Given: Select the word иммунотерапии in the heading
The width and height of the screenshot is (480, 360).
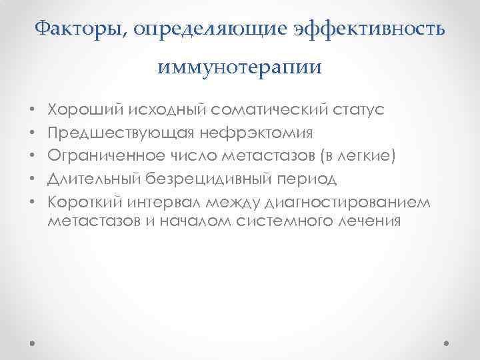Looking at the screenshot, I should [x=240, y=67].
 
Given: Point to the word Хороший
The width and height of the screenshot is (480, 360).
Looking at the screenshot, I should [x=76, y=109].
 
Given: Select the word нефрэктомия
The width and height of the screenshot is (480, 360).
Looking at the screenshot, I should [x=251, y=133].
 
